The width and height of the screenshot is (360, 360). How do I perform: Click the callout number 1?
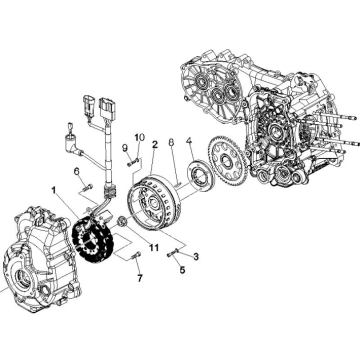tap(54, 190)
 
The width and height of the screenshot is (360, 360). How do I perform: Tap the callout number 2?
tap(155, 144)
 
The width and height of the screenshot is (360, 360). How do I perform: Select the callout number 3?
tap(196, 257)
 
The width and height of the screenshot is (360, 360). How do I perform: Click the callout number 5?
tap(182, 270)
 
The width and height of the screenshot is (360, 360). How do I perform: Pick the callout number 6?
tap(77, 171)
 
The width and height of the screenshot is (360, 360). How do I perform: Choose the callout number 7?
tap(140, 278)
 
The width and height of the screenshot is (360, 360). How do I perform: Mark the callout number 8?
tap(171, 142)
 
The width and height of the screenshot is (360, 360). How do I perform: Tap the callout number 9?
tap(125, 147)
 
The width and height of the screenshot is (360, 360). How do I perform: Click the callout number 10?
tap(140, 137)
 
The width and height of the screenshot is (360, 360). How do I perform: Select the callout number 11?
tap(154, 248)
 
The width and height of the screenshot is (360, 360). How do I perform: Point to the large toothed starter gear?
tap(228, 161)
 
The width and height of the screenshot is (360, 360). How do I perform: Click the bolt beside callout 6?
tap(88, 187)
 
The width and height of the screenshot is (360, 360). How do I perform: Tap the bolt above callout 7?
tap(137, 257)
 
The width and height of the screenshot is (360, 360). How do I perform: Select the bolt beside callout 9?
tap(133, 163)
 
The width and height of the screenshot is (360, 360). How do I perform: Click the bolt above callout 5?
tap(171, 254)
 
